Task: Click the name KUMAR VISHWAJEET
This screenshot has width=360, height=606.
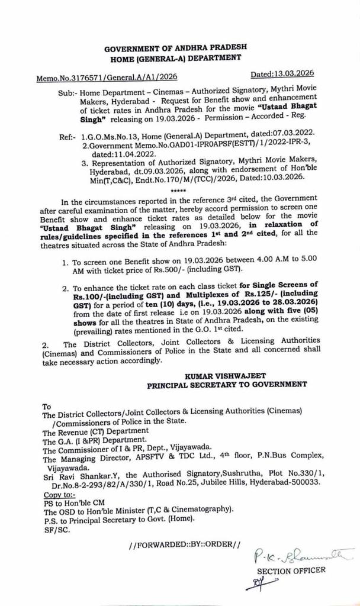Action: (227, 375)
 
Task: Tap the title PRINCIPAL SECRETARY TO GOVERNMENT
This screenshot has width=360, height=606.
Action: (227, 385)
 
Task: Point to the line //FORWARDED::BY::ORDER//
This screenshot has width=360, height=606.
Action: (185, 543)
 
